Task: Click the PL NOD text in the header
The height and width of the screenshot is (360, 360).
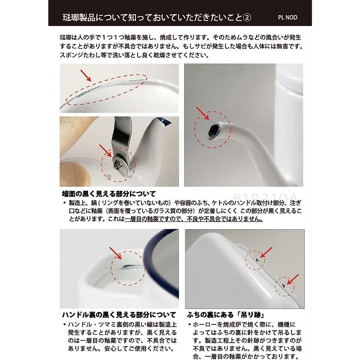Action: tap(287, 17)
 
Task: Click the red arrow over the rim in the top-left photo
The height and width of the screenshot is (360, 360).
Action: tap(86, 75)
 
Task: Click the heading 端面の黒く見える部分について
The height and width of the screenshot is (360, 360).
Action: tap(109, 194)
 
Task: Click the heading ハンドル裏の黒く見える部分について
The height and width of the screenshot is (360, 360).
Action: tap(119, 315)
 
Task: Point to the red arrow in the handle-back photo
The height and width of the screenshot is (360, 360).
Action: tap(115, 253)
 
